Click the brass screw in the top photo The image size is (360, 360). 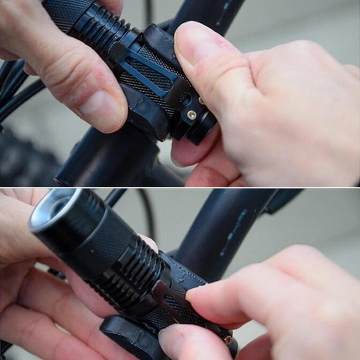[192, 115]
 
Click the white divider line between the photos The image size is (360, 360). [180, 188]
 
